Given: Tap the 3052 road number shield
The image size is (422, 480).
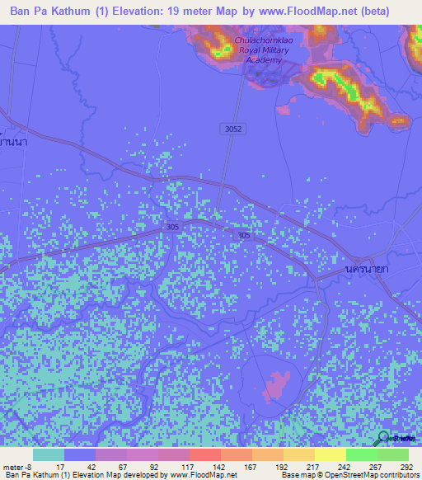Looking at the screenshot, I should click(x=233, y=129).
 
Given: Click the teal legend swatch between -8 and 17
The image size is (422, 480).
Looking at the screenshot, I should click(x=49, y=454).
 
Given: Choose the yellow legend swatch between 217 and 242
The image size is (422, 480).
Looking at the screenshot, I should click(x=330, y=454).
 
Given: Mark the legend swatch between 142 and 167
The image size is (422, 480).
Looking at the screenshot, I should click(x=236, y=454).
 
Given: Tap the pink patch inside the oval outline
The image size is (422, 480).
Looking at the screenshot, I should click(x=279, y=385).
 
